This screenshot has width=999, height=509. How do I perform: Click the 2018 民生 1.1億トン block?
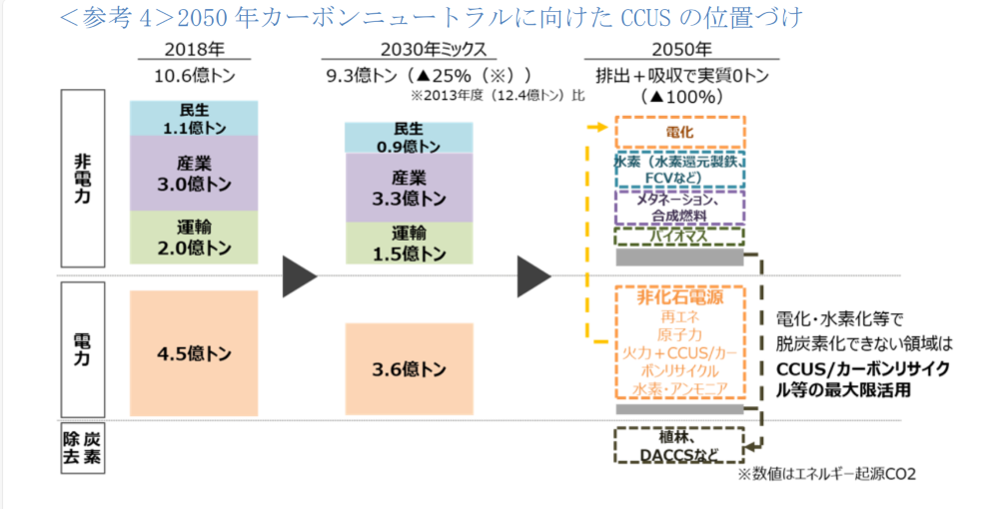tap(194, 119)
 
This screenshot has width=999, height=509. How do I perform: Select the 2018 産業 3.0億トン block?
tap(194, 174)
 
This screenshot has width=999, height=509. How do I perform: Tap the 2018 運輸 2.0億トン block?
tap(194, 238)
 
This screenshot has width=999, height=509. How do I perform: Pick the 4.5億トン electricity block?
tap(194, 353)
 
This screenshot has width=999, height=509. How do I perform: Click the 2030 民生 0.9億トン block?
tap(409, 138)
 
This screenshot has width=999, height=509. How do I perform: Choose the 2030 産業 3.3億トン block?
tap(409, 188)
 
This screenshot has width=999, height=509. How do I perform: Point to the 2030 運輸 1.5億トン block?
tap(409, 244)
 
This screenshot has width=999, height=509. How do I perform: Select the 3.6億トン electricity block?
tap(409, 369)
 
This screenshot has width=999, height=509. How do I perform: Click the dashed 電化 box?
tap(679, 133)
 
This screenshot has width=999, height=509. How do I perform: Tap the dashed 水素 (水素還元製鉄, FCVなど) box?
tap(679, 170)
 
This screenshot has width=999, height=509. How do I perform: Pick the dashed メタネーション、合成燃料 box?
tap(679, 208)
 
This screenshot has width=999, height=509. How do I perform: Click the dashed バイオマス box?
tap(679, 237)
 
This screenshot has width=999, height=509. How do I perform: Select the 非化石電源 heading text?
tap(679, 297)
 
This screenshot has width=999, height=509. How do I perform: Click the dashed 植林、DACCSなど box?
tap(679, 445)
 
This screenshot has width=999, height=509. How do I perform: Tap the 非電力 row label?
tap(82, 178)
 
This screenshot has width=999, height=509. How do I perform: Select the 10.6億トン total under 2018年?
tap(195, 76)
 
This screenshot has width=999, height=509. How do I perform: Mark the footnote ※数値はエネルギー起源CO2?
tap(826, 475)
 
